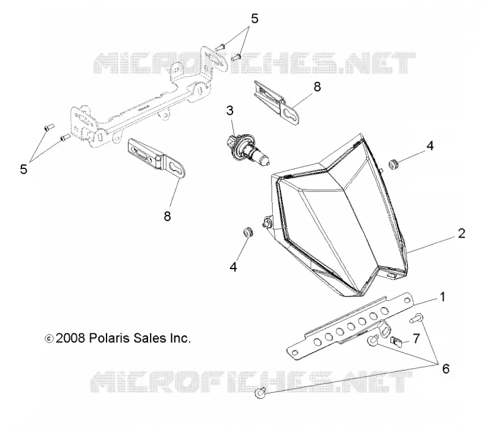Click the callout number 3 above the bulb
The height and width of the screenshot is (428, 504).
(x=229, y=110)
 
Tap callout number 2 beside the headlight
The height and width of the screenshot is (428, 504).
(x=461, y=233)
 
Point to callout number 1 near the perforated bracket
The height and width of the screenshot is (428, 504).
(x=442, y=297)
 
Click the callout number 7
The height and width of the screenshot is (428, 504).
(x=416, y=338)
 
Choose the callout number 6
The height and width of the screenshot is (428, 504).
(x=445, y=369)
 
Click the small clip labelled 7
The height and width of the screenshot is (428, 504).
(x=396, y=341)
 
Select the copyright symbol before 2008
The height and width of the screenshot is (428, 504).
(x=49, y=338)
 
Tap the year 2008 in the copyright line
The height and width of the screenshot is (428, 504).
(x=71, y=338)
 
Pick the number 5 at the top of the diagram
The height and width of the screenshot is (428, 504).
(x=255, y=19)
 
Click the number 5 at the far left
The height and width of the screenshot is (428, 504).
(x=23, y=169)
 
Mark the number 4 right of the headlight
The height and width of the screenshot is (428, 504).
(x=430, y=146)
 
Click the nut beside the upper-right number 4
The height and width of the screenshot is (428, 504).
(x=392, y=164)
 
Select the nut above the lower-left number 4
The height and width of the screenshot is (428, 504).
(x=247, y=232)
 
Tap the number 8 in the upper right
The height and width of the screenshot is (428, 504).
(x=317, y=87)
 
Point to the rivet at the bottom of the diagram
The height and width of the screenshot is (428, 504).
(x=260, y=392)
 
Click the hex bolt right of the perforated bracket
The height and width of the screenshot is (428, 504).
(x=416, y=319)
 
